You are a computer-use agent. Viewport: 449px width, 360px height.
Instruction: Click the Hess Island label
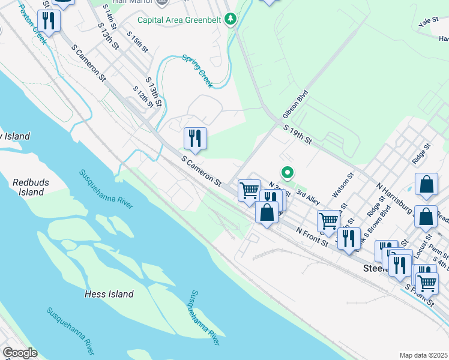click(109, 294)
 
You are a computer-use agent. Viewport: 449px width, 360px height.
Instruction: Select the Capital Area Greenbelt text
click(179, 20)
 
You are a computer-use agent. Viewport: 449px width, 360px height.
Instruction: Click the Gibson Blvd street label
click(295, 108)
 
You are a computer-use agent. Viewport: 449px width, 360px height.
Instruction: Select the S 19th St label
click(297, 134)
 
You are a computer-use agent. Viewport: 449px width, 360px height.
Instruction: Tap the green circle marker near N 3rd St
click(288, 173)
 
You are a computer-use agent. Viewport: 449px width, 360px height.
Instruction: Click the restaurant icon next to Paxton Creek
click(49, 21)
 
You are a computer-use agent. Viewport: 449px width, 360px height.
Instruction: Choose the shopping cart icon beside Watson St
click(328, 221)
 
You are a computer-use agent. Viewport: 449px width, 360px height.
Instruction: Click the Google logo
click(20, 353)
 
